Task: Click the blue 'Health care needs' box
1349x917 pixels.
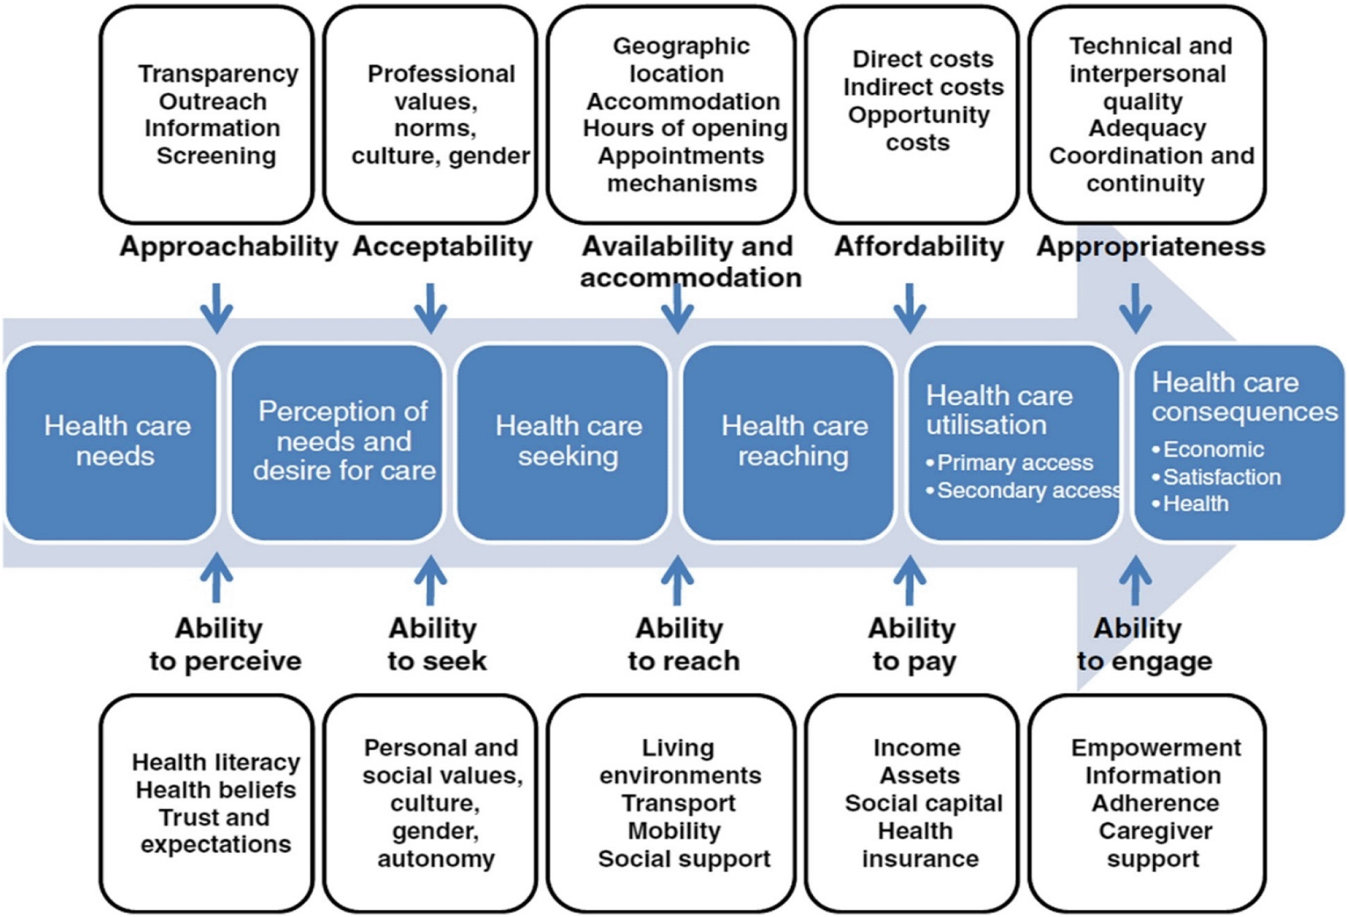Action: (112, 443)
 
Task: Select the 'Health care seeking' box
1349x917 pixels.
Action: (562, 443)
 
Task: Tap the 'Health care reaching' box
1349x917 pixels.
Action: (788, 443)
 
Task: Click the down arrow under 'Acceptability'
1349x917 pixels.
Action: (431, 308)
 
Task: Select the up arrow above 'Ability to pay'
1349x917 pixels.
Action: (910, 580)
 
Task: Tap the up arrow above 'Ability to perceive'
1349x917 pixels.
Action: (217, 579)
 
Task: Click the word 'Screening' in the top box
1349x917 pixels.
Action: (217, 156)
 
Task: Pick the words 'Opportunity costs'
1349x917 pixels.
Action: (919, 129)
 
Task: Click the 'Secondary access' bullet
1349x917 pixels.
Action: (1023, 491)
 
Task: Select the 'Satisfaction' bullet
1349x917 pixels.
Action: (1216, 477)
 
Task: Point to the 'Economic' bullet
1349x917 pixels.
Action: (1208, 449)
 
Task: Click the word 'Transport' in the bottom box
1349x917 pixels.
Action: (678, 803)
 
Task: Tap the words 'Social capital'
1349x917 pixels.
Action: (924, 803)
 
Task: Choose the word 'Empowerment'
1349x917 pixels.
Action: (1156, 747)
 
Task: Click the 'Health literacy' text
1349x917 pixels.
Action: (216, 762)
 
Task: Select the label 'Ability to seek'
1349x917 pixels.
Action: (436, 645)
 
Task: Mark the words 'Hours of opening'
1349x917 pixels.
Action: (685, 128)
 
